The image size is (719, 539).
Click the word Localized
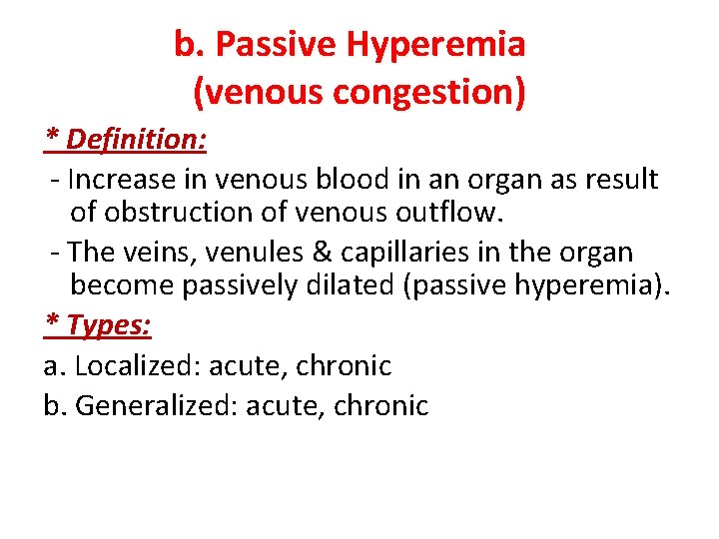(136, 365)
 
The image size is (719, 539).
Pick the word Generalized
(156, 406)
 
